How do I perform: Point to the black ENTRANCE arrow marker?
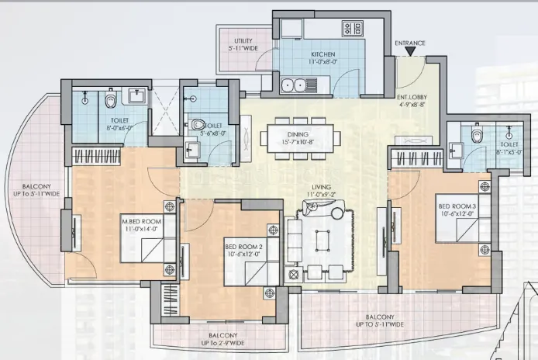click(409, 52)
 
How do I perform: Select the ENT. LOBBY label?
click(410, 101)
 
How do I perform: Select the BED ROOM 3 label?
click(457, 210)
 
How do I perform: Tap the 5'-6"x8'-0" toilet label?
click(212, 129)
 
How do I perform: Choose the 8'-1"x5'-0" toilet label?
click(509, 148)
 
